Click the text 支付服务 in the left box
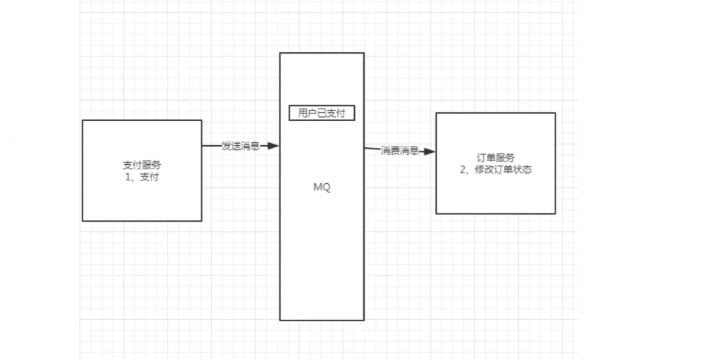pos(142,166)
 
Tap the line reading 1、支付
pos(142,178)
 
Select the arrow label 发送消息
pos(241,146)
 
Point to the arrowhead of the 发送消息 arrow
pos(274,146)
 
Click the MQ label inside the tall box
pos(321,188)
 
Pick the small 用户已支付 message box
pos(322,113)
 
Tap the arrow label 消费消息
pos(400,150)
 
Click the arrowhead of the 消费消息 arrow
pos(430,151)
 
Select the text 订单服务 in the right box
pos(496,158)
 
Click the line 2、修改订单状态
pos(496,169)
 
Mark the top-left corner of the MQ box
pos(280,53)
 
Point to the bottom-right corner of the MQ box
pos(364,320)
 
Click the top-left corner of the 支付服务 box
pos(83,120)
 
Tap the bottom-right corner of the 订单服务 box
pos(555,213)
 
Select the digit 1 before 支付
pos(127,178)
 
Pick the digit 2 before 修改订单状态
pos(463,169)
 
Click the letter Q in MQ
pos(326,188)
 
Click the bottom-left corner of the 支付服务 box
pos(83,221)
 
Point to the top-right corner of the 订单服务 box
pos(555,113)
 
